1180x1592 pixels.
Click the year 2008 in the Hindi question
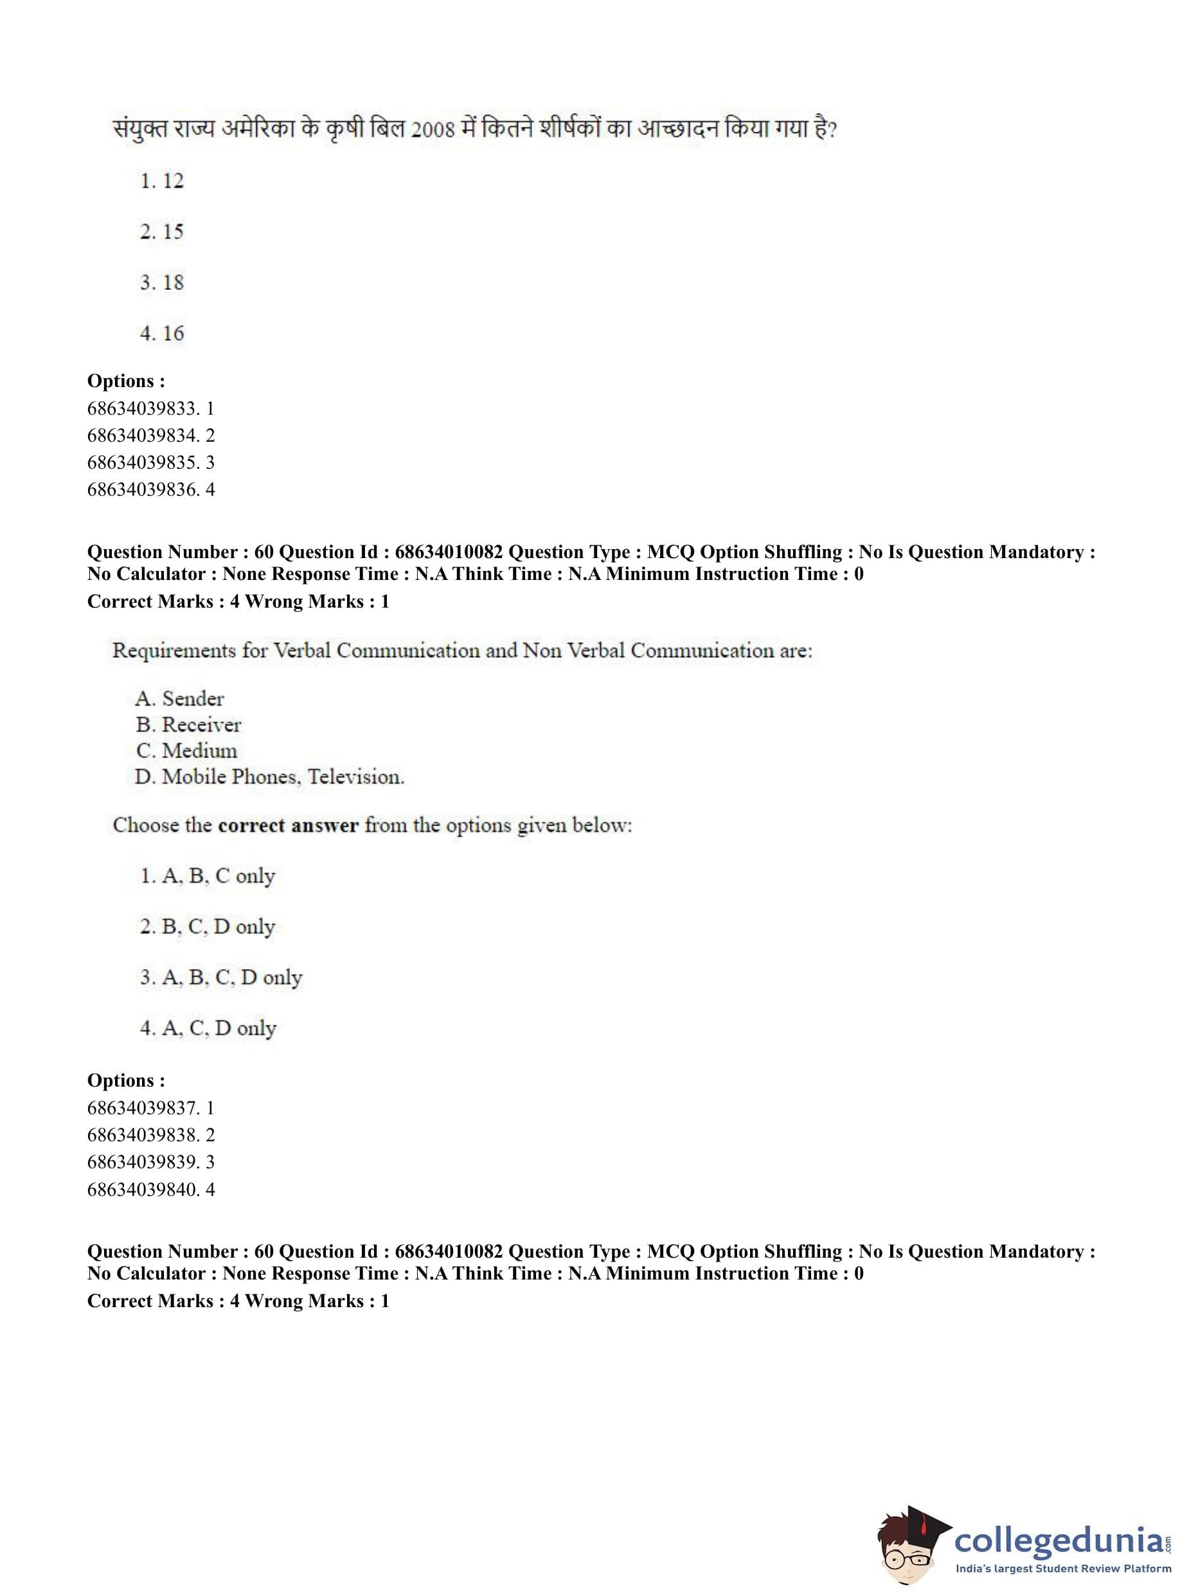click(433, 130)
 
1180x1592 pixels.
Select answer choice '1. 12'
click(162, 181)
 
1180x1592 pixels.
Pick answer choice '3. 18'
click(162, 282)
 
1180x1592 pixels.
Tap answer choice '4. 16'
click(162, 333)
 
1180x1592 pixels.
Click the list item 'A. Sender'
click(179, 698)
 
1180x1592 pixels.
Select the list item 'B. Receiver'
click(188, 725)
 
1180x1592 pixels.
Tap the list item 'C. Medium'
click(186, 750)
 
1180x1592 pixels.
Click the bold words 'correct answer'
click(288, 826)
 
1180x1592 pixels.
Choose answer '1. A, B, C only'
click(208, 876)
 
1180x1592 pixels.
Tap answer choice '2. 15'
click(162, 231)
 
